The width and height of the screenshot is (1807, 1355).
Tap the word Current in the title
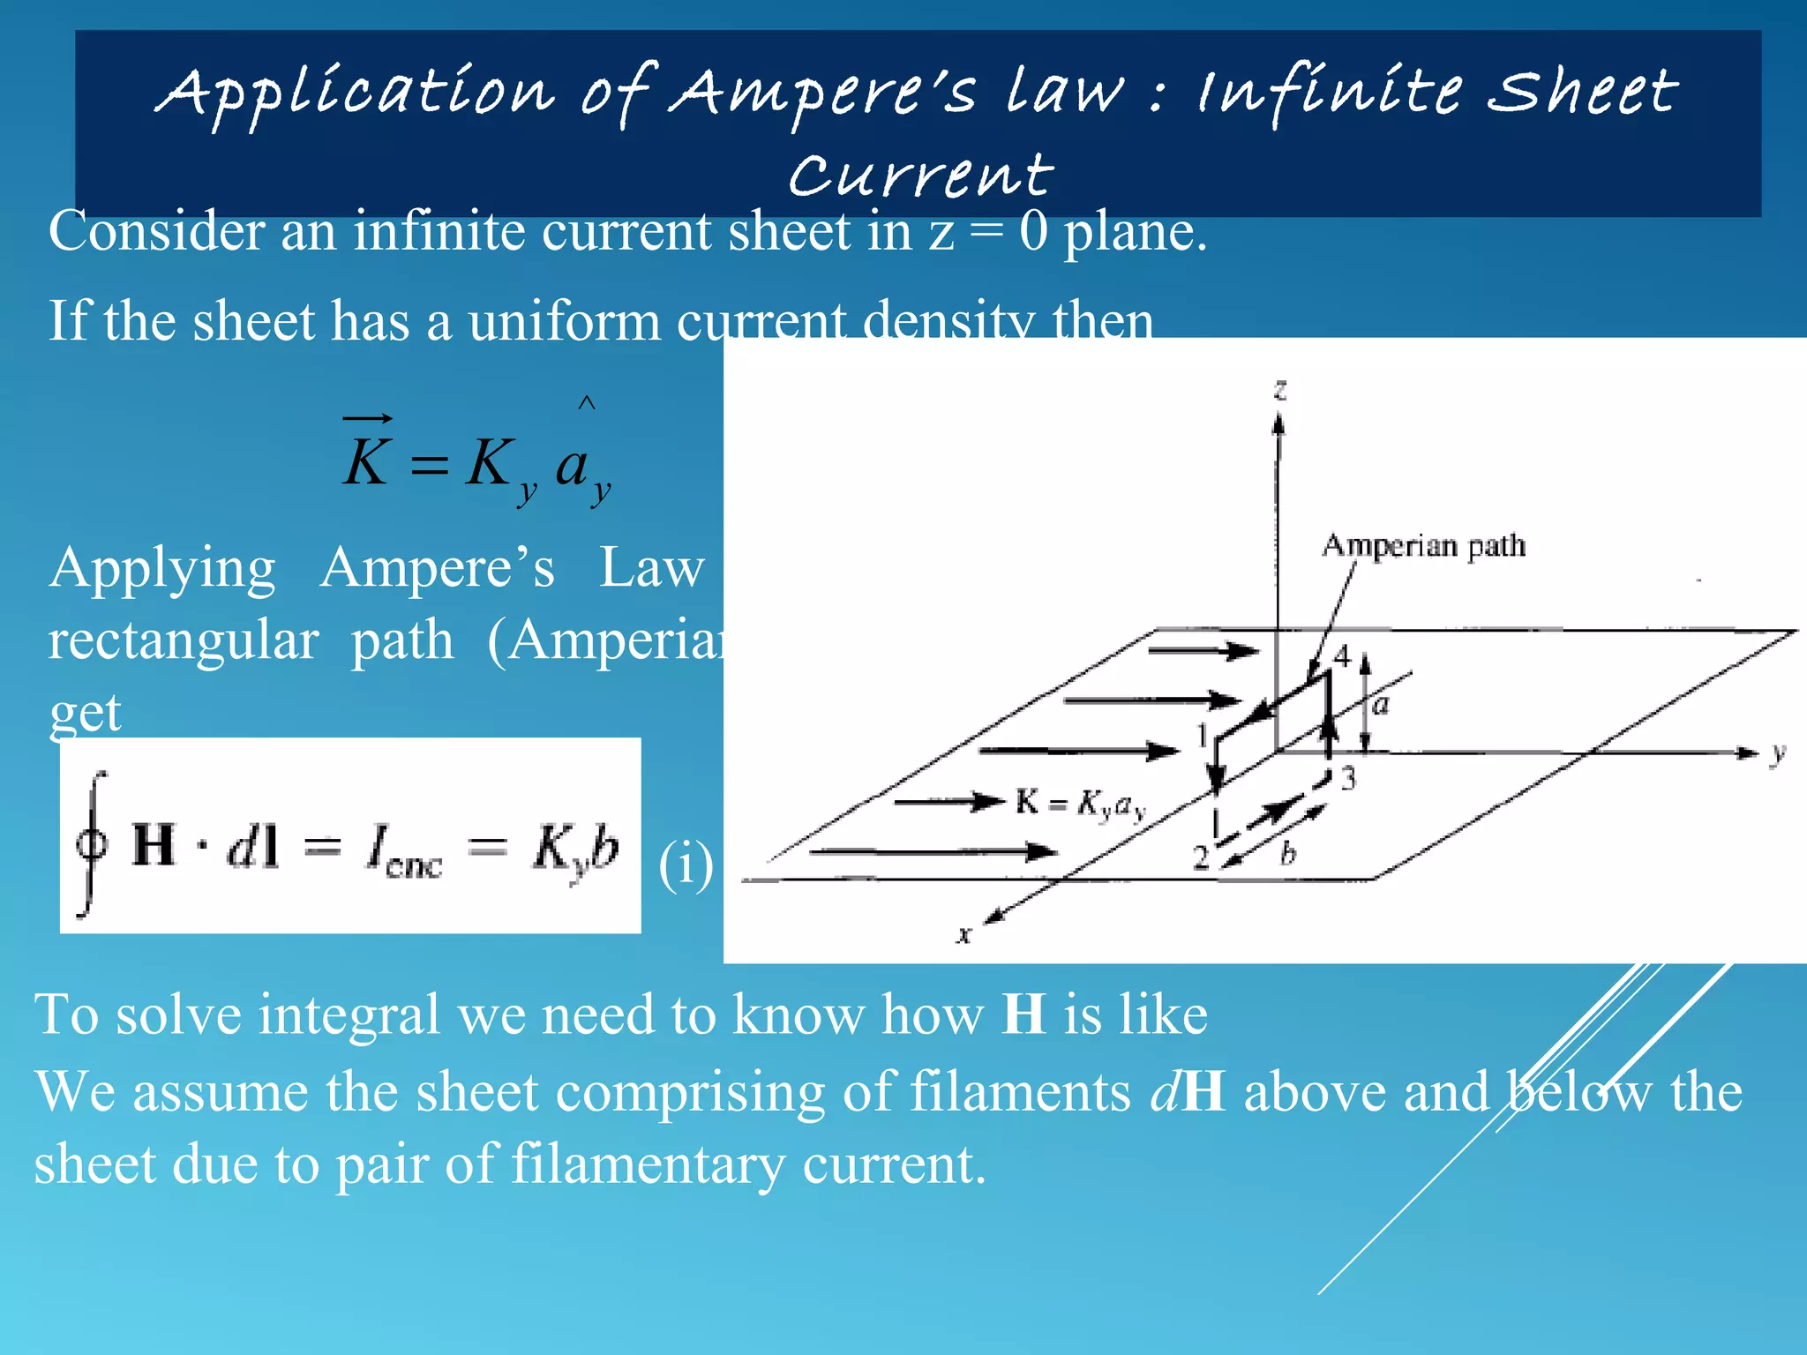pyautogui.click(x=920, y=175)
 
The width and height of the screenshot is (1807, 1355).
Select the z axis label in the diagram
pyautogui.click(x=1280, y=389)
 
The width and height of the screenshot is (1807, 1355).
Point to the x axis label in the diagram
pyautogui.click(x=964, y=934)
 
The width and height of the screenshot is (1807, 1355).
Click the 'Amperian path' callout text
pyautogui.click(x=1423, y=545)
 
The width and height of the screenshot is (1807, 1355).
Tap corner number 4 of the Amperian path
pyautogui.click(x=1342, y=656)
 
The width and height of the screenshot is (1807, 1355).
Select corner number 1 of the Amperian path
pyautogui.click(x=1202, y=734)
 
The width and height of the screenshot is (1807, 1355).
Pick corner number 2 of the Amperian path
pyautogui.click(x=1201, y=857)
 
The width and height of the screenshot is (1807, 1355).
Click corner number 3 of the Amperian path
pyautogui.click(x=1347, y=779)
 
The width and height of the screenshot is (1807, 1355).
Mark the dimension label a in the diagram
pyautogui.click(x=1381, y=704)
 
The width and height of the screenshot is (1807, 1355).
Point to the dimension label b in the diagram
pyautogui.click(x=1288, y=852)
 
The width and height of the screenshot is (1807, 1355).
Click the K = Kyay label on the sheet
pyautogui.click(x=1080, y=804)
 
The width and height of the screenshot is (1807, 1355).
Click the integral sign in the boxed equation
pyautogui.click(x=91, y=844)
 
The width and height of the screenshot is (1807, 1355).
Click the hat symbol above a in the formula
pyautogui.click(x=587, y=403)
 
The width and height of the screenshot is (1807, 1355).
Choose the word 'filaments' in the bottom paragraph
pyautogui.click(x=1020, y=1091)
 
